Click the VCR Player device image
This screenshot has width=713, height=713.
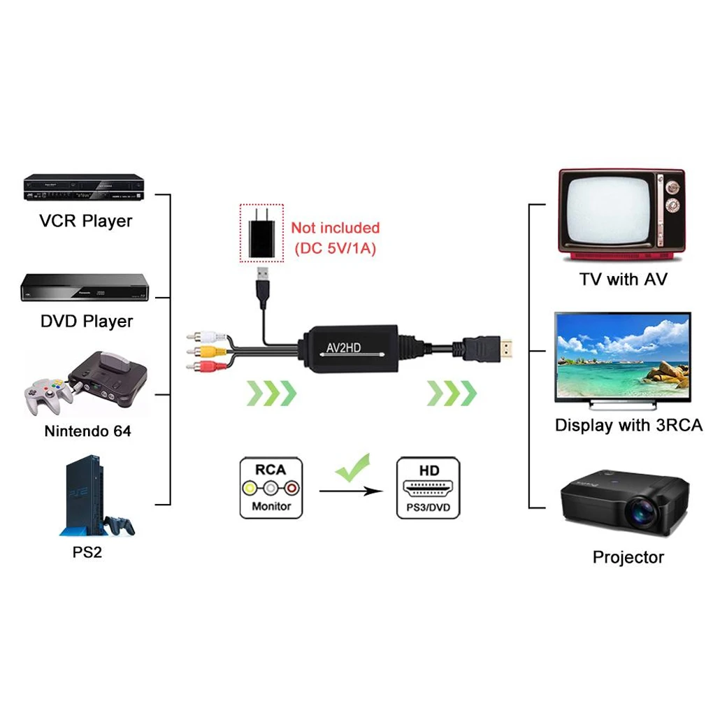pos(83,186)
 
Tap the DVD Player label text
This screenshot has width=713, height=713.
pos(87,322)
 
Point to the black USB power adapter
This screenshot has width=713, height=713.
pos(261,233)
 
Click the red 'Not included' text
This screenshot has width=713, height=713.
pos(336,228)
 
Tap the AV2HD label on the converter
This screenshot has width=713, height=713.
pos(343,347)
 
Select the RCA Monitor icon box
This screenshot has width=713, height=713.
pos(271,488)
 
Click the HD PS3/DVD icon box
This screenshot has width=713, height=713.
pos(428,488)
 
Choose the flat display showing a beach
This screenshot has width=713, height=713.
pos(622,357)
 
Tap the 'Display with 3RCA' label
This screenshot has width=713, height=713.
pos(628,425)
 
